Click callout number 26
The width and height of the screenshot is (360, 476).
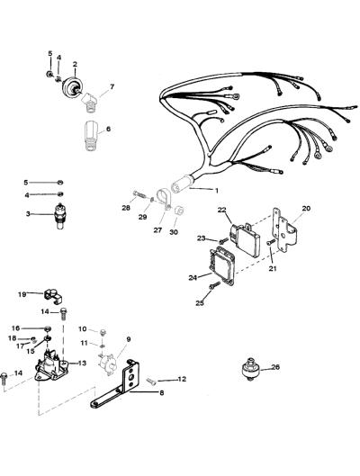(275, 367)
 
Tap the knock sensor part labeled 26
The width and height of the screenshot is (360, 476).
(251, 369)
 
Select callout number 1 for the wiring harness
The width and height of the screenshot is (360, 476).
(216, 191)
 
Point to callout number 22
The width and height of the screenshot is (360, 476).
(222, 210)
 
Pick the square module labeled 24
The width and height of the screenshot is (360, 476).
(221, 265)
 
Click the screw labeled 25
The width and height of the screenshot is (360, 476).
(214, 285)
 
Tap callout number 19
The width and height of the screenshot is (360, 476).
(22, 294)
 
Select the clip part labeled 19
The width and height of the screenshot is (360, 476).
(53, 297)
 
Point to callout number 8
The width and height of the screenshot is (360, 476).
(161, 393)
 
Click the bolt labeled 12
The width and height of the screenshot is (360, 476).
(151, 382)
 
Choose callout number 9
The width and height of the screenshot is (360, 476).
(129, 339)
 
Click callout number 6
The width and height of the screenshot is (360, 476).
(108, 129)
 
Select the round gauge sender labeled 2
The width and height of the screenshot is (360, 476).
(72, 86)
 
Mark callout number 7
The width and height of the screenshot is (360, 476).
(112, 86)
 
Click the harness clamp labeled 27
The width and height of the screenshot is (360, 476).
(164, 200)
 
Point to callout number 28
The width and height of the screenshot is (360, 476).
(126, 208)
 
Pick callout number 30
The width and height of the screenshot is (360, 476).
(174, 232)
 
